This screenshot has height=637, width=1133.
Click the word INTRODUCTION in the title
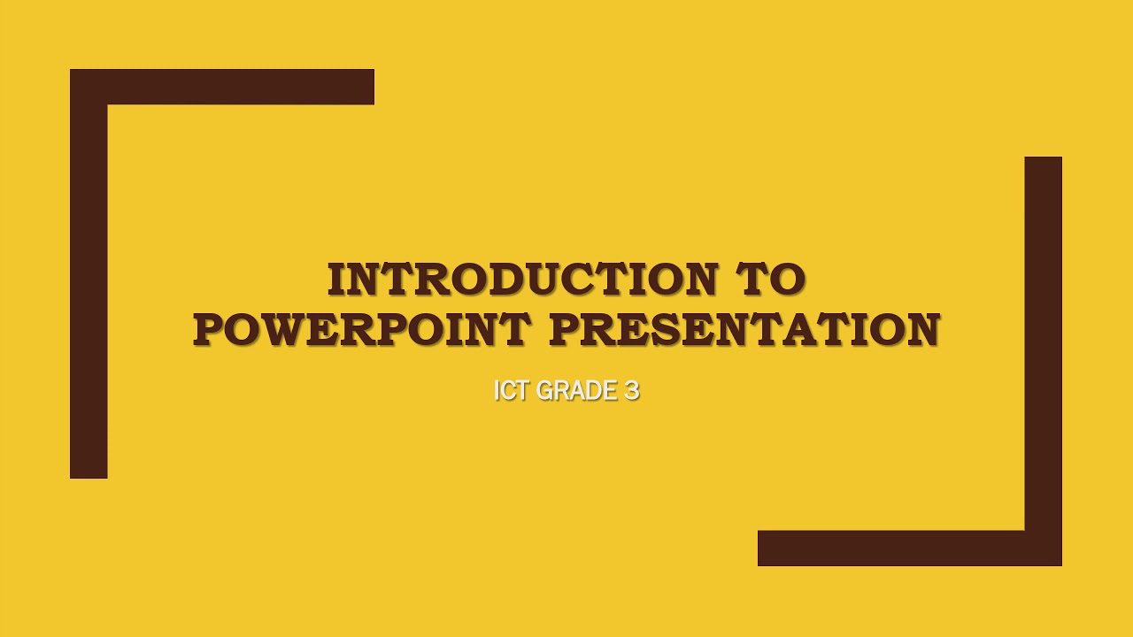click(x=521, y=280)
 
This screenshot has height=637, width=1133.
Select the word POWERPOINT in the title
click(x=361, y=330)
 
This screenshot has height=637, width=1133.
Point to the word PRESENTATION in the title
click(x=744, y=330)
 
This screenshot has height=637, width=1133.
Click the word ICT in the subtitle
click(x=511, y=390)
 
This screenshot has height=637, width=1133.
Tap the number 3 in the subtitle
click(x=631, y=390)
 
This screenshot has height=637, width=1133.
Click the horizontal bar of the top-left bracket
click(x=239, y=87)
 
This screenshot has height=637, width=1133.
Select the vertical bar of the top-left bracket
click(x=89, y=292)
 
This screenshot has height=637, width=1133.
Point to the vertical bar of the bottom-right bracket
click(x=1043, y=345)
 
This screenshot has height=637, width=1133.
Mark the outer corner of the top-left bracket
click(x=73, y=72)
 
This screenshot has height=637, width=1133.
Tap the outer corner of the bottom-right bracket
click(x=1060, y=564)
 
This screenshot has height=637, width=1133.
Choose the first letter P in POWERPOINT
click(x=209, y=330)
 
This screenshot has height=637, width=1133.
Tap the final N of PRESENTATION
click(x=921, y=330)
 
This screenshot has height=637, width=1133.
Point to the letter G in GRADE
click(x=545, y=390)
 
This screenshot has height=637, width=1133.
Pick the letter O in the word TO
click(x=787, y=280)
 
